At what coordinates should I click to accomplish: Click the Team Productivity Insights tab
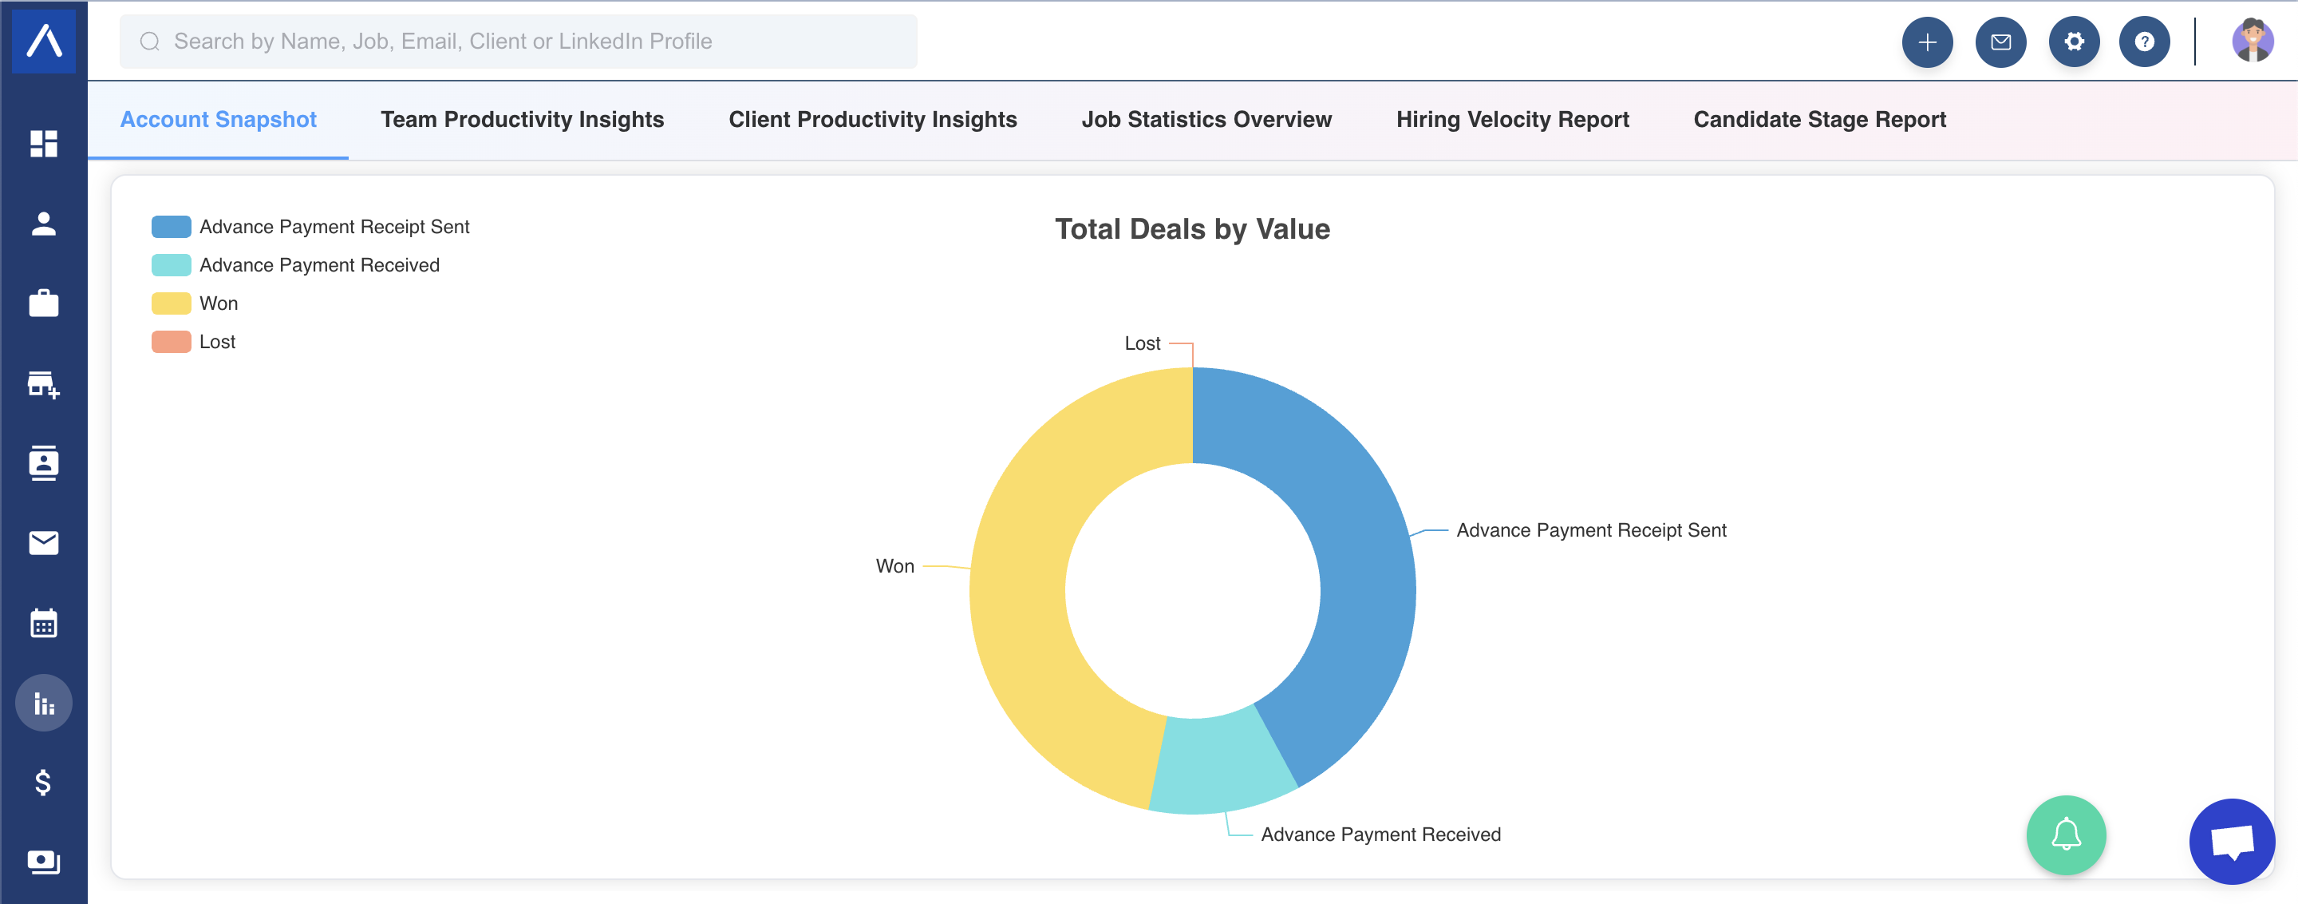pos(522,120)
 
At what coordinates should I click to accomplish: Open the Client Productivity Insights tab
pos(872,120)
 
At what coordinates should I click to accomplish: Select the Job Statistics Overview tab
pos(1206,120)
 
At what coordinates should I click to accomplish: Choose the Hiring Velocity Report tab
pos(1512,120)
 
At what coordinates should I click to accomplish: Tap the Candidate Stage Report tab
pos(1819,120)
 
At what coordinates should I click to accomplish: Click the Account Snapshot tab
pos(219,120)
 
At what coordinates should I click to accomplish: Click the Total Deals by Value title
pos(1192,229)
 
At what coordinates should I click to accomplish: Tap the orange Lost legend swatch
pos(172,342)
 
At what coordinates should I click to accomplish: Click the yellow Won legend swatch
pos(172,303)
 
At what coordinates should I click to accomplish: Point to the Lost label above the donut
pos(1142,343)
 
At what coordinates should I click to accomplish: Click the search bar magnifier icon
pos(150,41)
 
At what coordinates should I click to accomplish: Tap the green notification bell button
pos(2066,835)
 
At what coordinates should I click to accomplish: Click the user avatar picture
pos(2253,41)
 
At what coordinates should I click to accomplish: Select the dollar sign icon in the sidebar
pos(43,783)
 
